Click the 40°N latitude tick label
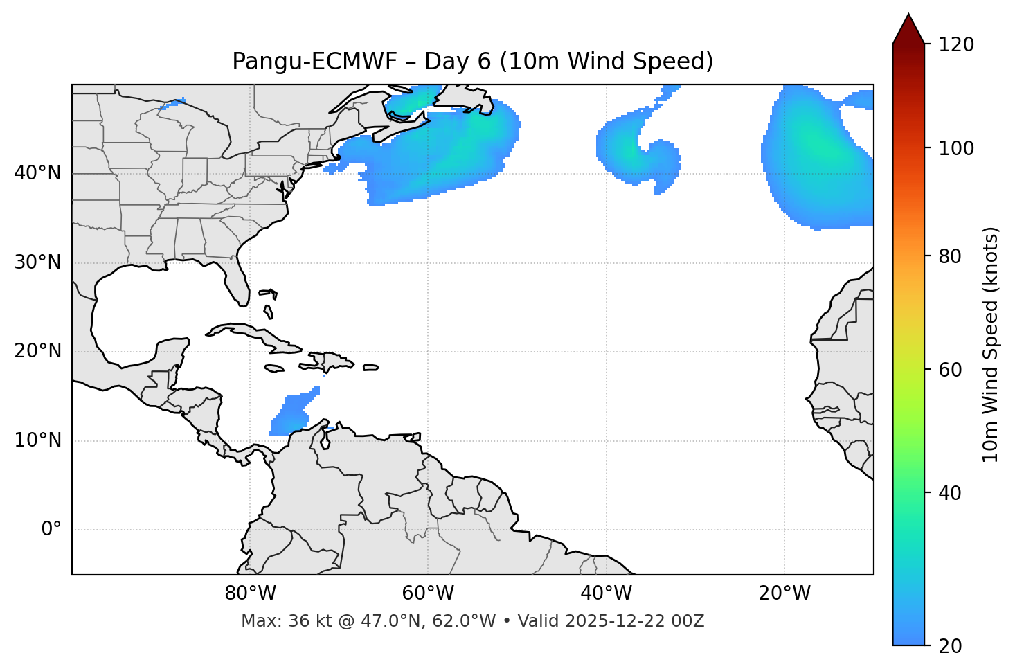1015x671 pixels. pyautogui.click(x=37, y=173)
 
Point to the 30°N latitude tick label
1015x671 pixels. pyautogui.click(x=37, y=262)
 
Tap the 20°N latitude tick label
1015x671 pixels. pyautogui.click(x=37, y=351)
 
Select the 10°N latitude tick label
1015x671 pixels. pyautogui.click(x=37, y=440)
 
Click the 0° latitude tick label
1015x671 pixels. pyautogui.click(x=51, y=530)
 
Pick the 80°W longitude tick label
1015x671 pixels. pyautogui.click(x=250, y=593)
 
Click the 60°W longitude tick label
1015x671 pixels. pyautogui.click(x=428, y=593)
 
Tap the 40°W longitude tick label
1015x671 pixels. pyautogui.click(x=607, y=593)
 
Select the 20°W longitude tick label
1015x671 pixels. pyautogui.click(x=784, y=593)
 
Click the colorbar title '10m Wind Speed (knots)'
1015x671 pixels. pyautogui.click(x=991, y=344)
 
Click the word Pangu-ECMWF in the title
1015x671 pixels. pyautogui.click(x=314, y=62)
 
